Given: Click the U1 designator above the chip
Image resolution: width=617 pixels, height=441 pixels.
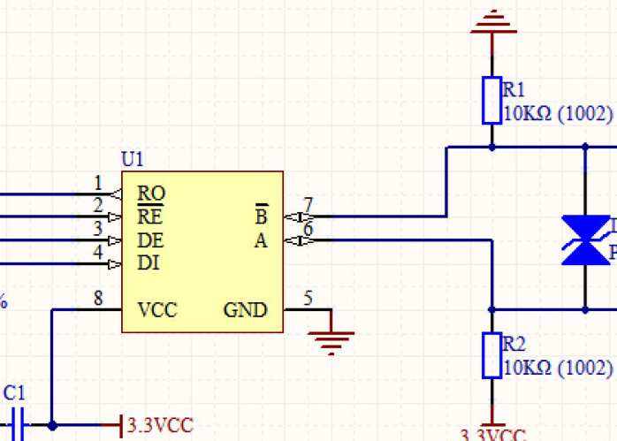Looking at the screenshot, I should tap(133, 160).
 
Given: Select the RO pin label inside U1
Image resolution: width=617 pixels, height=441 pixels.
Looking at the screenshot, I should tap(151, 193).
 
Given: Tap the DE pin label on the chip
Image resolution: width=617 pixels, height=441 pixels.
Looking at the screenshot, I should tap(151, 240).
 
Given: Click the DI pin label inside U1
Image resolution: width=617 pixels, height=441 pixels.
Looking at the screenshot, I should tap(149, 262).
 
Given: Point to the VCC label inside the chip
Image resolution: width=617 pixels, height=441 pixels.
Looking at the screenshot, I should tap(157, 310).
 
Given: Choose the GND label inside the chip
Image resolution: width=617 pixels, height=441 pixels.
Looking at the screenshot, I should tap(245, 310).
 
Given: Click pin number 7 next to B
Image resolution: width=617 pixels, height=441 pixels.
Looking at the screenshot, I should tap(308, 204).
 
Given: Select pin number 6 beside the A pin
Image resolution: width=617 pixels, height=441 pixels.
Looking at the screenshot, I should tap(308, 229).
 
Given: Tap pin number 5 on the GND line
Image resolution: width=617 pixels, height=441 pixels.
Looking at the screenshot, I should tap(308, 298).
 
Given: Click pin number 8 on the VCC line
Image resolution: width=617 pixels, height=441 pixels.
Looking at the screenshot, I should tap(98, 298).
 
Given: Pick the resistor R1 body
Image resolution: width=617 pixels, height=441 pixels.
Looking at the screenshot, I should tap(491, 100).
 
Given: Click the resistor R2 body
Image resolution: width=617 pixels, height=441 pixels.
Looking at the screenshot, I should tap(491, 355).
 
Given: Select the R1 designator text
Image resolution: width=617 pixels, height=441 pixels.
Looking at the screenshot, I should tap(514, 89).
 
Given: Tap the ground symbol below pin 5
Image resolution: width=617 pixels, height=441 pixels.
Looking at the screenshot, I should tap(332, 339).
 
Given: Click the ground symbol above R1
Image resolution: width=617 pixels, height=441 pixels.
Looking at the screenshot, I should tap(492, 22).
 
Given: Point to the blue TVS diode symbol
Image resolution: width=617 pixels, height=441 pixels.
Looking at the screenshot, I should tap(585, 240).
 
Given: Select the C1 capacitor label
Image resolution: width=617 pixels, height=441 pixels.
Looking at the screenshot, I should tap(15, 392).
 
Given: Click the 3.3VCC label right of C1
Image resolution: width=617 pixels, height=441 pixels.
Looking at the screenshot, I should tap(160, 425).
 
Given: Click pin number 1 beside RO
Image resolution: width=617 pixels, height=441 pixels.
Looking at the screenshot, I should tap(98, 183).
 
